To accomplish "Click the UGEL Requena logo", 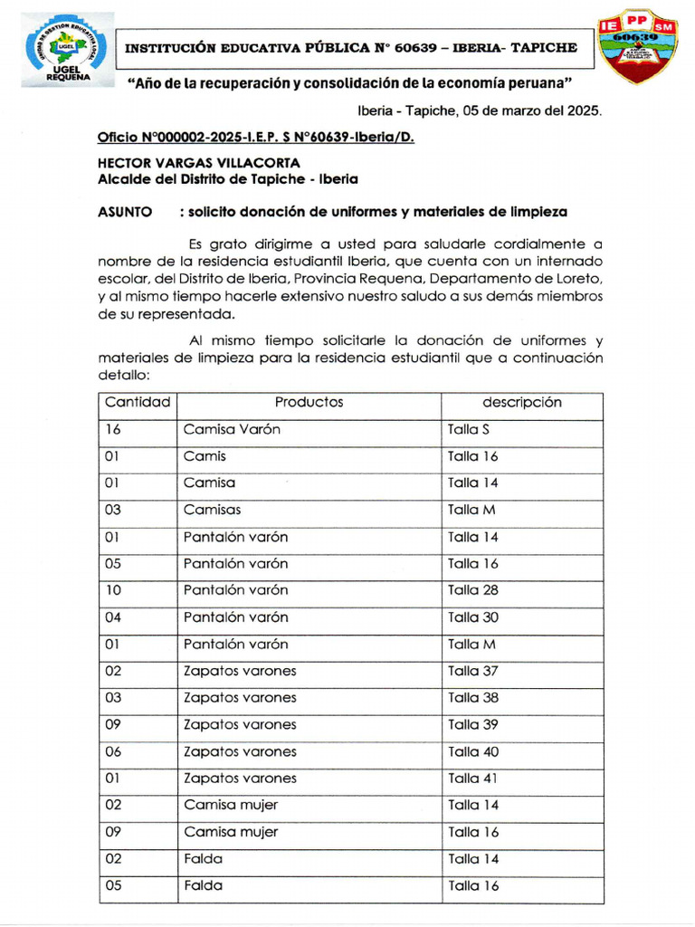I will [68, 50].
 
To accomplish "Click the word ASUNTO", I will [124, 212].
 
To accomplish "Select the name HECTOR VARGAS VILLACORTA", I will [199, 164].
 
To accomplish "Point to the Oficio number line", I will [255, 138].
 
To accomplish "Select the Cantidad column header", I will [138, 402].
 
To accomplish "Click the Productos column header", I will [309, 402].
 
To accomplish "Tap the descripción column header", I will [521, 402].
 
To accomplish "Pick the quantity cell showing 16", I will [114, 429].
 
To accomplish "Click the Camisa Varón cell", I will [232, 429].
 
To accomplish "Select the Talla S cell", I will [469, 429].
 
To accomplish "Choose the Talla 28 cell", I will [472, 590].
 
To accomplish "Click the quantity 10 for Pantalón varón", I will [114, 590].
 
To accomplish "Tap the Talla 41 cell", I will [472, 779].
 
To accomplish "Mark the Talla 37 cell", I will [472, 671].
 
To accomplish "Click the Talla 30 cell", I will [472, 617].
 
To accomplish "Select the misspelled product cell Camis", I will [205, 456].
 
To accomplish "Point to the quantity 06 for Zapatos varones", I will [114, 751].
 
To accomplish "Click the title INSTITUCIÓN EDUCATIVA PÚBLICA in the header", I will [244, 47].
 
